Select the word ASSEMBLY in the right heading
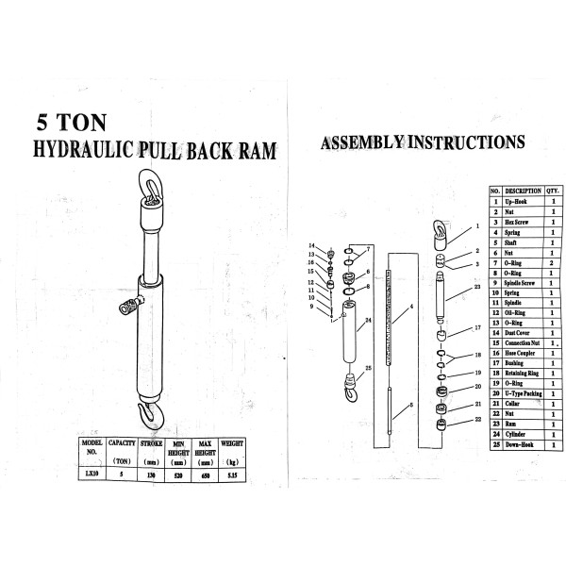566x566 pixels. [365, 143]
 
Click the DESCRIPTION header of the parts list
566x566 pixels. [523, 191]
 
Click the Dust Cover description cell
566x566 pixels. [521, 333]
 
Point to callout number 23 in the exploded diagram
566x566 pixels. [478, 286]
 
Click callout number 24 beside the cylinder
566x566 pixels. [368, 321]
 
